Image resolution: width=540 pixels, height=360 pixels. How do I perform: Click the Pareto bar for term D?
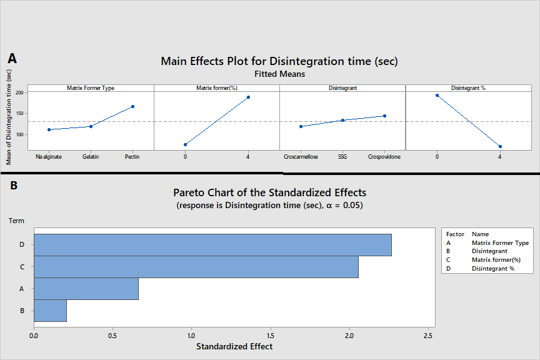pos(212,245)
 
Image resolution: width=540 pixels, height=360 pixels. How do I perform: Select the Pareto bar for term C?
pos(196,267)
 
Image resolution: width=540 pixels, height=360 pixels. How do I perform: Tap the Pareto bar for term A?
pos(86,289)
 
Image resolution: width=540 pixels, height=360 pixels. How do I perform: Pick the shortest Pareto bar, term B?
pos(50,311)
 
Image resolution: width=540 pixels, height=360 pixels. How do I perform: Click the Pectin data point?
pos(132,106)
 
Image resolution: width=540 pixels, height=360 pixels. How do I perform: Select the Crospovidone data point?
pos(384,116)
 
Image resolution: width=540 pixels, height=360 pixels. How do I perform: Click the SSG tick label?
pos(342,157)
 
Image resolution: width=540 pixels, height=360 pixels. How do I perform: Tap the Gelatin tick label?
pos(91,157)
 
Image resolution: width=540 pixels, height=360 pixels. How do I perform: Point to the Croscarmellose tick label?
pos(301,157)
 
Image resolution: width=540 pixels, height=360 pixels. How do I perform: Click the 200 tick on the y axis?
pos(19,92)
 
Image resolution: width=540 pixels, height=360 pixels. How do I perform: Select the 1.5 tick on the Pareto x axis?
pos(271,334)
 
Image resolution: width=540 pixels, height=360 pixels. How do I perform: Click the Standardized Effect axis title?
pos(234,346)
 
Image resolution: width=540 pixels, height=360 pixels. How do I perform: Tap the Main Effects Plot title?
pos(279,61)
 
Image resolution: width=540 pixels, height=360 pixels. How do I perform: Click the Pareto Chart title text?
pos(269,192)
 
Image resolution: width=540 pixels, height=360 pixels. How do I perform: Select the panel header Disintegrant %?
pos(468,88)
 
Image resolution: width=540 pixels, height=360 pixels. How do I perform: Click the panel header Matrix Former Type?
pos(91,88)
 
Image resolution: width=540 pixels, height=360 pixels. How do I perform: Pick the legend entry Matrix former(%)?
pos(496,260)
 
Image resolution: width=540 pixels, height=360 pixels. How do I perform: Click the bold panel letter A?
pos(12,58)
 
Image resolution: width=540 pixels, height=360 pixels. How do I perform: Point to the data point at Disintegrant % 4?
pos(500,146)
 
